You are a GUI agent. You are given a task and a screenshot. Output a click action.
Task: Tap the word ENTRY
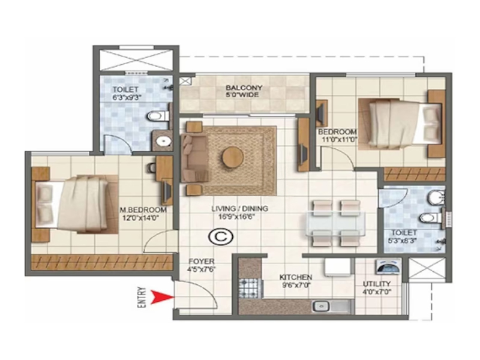142,297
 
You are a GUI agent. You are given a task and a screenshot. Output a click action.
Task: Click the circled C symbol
221,236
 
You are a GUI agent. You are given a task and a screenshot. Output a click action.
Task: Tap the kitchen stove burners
250,288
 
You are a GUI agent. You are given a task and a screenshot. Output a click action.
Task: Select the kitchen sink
320,306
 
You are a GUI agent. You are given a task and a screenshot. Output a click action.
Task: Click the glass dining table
336,223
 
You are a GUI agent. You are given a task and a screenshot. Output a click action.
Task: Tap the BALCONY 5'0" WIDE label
244,91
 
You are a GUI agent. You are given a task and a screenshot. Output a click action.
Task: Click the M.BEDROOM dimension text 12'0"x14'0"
143,218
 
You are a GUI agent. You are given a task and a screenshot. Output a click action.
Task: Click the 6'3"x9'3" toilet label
125,98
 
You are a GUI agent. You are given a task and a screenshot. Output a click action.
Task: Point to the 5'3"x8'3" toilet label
402,241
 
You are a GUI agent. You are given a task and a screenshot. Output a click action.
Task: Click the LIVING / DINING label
239,209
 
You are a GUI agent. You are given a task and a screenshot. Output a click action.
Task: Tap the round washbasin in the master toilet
163,141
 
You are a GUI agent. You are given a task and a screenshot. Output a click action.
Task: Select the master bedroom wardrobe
101,262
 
